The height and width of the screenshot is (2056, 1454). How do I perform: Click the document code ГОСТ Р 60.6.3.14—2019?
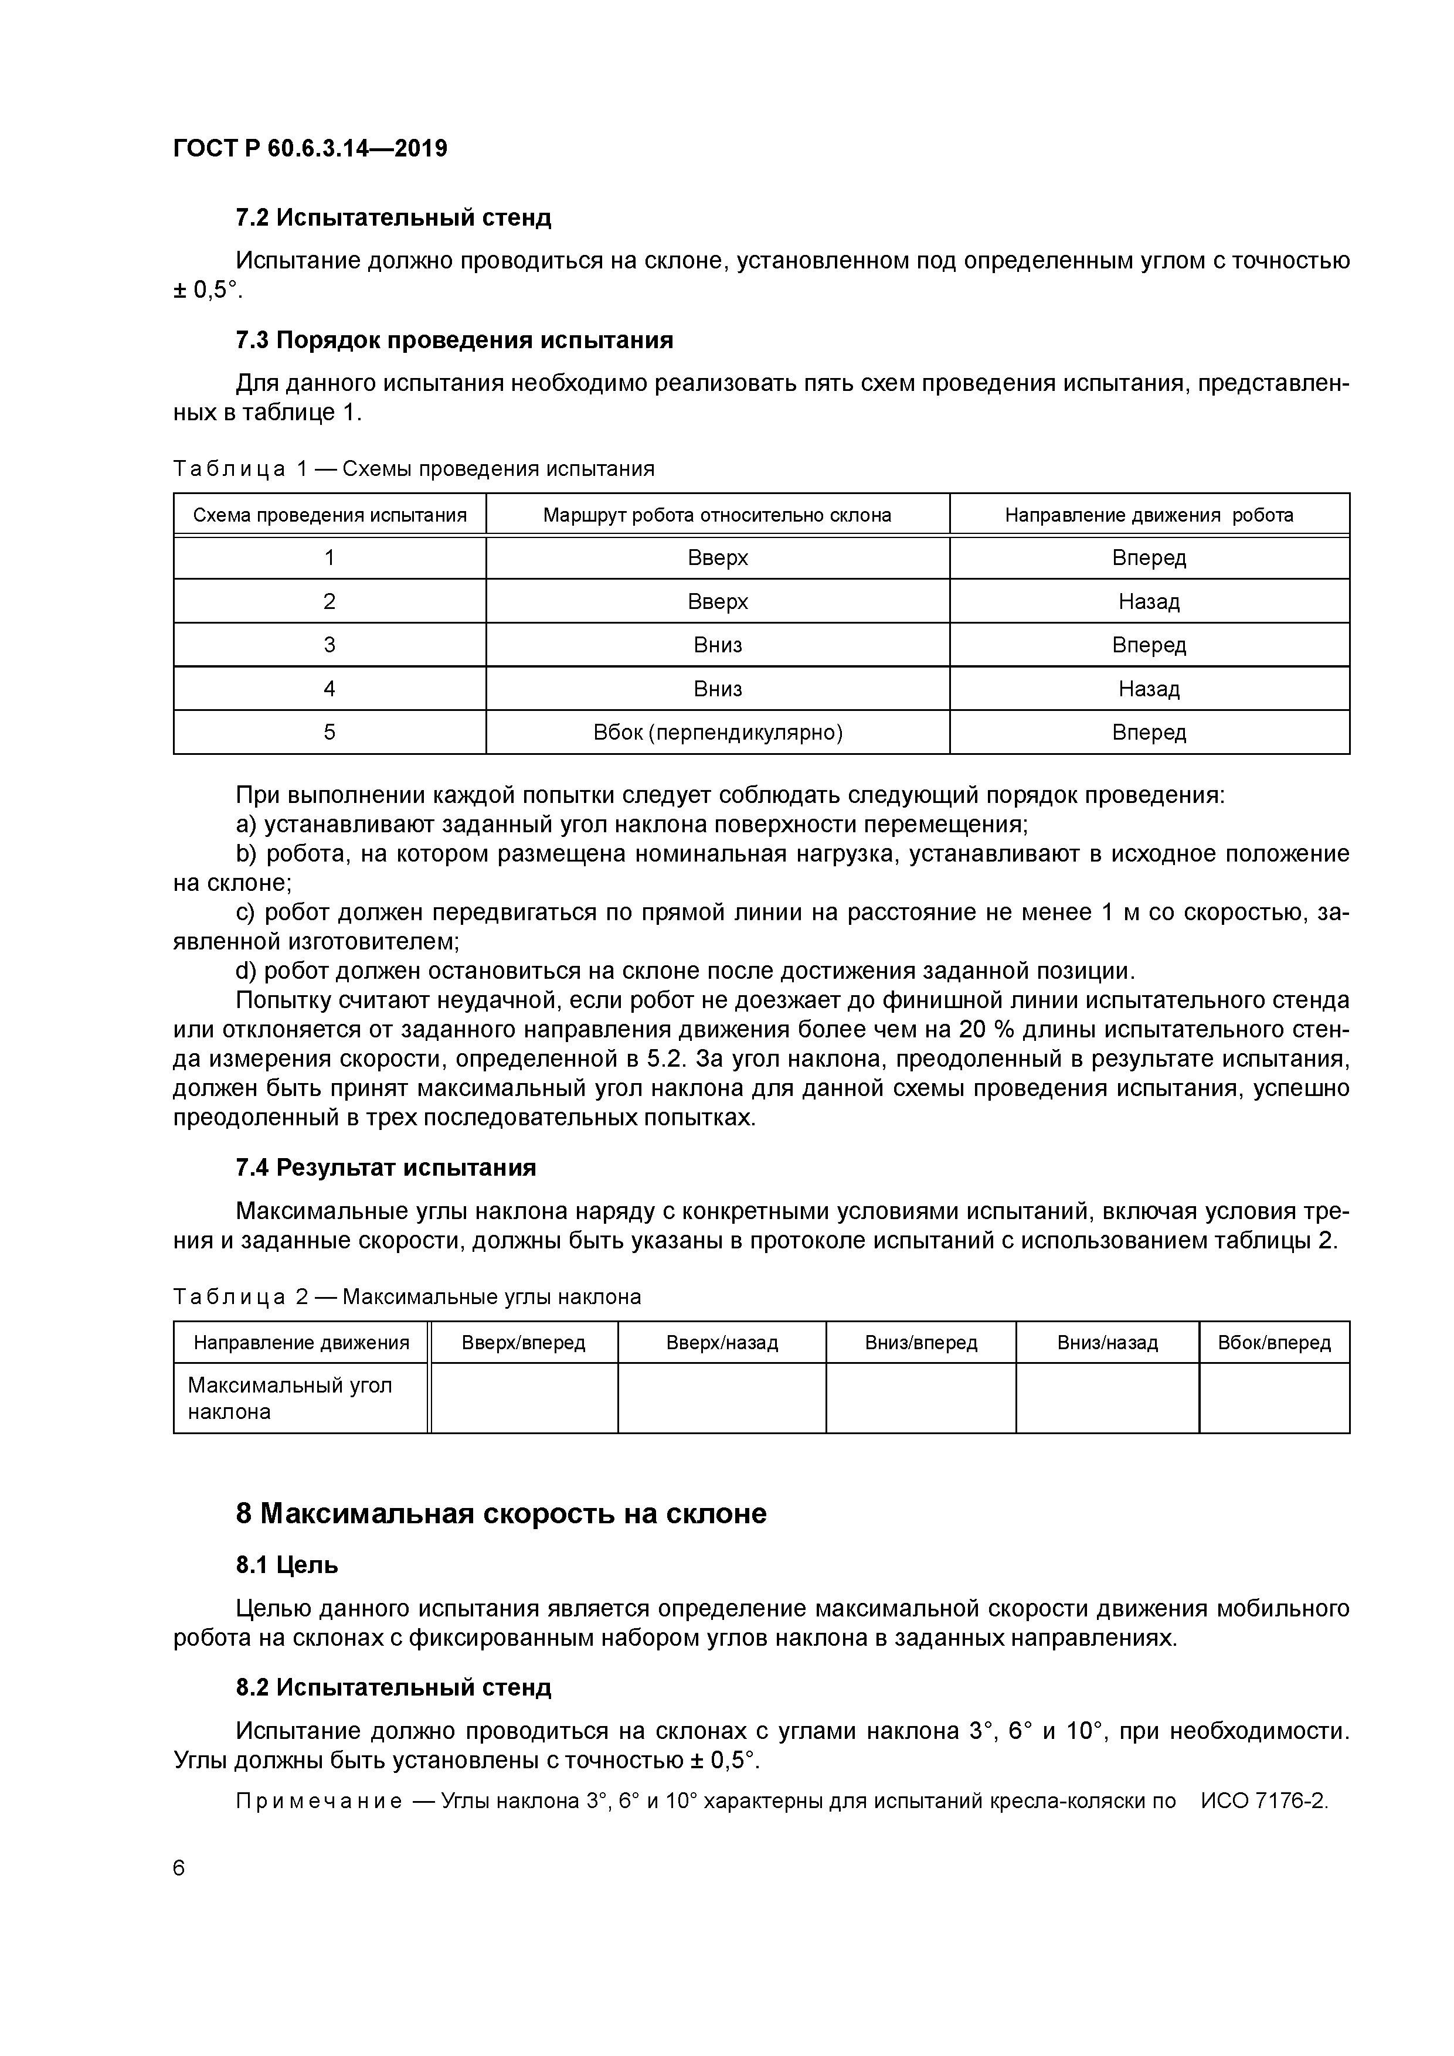point(310,149)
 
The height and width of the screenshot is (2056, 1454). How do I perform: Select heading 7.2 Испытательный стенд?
point(393,217)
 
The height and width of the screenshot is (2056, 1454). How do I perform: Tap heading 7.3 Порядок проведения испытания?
point(454,341)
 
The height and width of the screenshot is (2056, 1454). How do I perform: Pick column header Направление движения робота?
point(1149,515)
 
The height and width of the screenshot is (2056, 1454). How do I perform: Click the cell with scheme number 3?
point(329,645)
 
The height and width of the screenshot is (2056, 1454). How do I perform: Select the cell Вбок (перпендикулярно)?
point(718,733)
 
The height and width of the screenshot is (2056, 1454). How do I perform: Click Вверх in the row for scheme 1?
point(718,558)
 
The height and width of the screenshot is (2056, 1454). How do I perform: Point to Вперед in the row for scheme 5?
point(1149,733)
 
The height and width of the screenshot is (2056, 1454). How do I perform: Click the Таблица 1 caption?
point(413,468)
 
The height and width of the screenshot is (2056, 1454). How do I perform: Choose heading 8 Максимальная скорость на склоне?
point(501,1513)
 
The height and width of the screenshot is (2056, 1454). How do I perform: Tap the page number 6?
point(179,1868)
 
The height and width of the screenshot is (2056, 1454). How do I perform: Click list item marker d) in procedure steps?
point(246,972)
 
